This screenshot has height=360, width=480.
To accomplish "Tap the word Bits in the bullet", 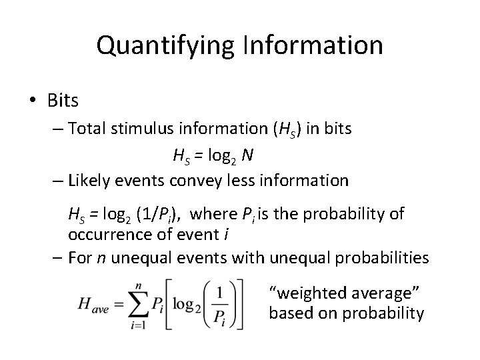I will click(x=63, y=101).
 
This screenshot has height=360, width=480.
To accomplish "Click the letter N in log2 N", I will click(x=247, y=155).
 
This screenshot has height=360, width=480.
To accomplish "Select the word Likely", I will click(x=91, y=180).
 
